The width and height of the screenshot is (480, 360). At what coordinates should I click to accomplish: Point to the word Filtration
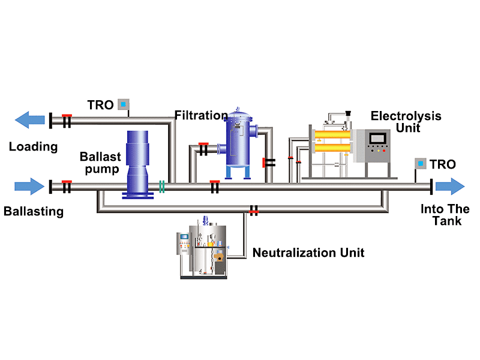[201, 115]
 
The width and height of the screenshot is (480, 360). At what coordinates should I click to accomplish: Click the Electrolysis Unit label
[406, 121]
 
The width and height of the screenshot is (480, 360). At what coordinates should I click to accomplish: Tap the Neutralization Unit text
[308, 253]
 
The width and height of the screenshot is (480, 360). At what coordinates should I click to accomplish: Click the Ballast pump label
[100, 163]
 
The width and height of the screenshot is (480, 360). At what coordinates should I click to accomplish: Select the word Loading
[33, 146]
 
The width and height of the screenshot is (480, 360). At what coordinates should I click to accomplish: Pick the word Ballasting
[33, 211]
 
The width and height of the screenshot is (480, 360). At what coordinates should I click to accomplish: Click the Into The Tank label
[445, 215]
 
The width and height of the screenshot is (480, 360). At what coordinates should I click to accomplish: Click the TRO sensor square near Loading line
[124, 104]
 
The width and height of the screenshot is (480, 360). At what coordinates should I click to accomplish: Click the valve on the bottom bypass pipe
[254, 209]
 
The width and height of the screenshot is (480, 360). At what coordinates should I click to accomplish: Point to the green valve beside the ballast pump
[161, 187]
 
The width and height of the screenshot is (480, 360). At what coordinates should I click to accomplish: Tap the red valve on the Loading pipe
[67, 120]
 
